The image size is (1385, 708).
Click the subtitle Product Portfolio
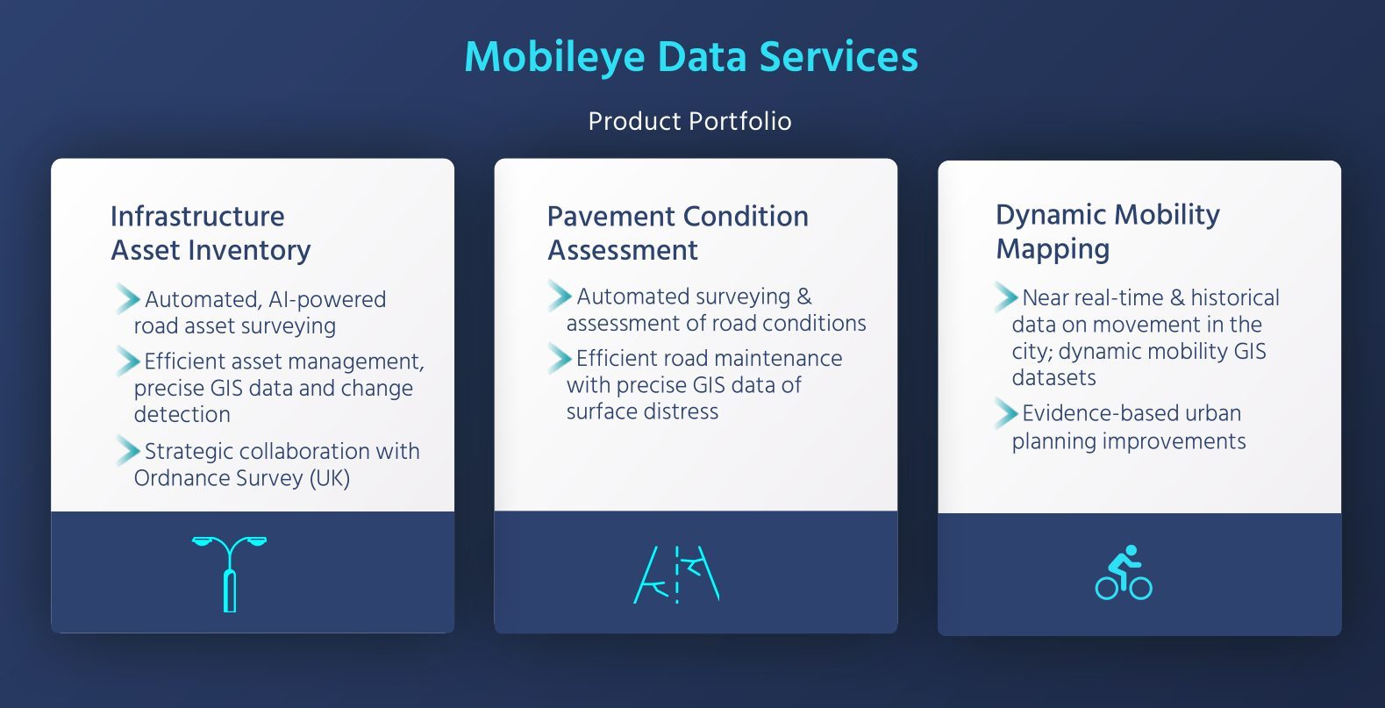689,121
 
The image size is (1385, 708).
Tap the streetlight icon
230,574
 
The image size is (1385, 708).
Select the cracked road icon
676,575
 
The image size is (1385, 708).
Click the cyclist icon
1124,572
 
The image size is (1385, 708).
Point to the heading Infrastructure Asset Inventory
211,233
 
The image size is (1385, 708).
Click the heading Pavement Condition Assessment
678,233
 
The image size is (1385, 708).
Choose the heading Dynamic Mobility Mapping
1107,232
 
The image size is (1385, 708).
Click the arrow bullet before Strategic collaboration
128,451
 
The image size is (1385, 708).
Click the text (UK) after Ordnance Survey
330,479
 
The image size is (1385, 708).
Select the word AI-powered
327,299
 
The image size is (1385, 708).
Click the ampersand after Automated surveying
803,297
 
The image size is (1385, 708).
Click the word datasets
1053,377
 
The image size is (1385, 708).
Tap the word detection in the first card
182,414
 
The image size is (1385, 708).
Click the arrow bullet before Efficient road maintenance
560,359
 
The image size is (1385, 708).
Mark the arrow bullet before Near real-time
1006,297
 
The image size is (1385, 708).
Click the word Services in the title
839,58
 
